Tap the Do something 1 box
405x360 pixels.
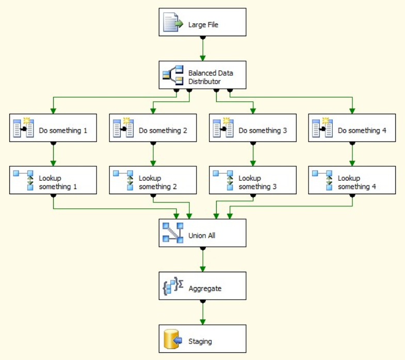click(53, 128)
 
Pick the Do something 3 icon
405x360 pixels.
click(223, 128)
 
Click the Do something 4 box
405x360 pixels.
click(352, 128)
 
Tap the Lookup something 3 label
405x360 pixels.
click(257, 182)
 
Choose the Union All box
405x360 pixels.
click(202, 233)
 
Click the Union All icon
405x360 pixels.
click(173, 233)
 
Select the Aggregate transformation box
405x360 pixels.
click(202, 286)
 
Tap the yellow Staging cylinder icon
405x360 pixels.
click(172, 339)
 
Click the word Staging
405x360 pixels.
click(200, 341)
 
